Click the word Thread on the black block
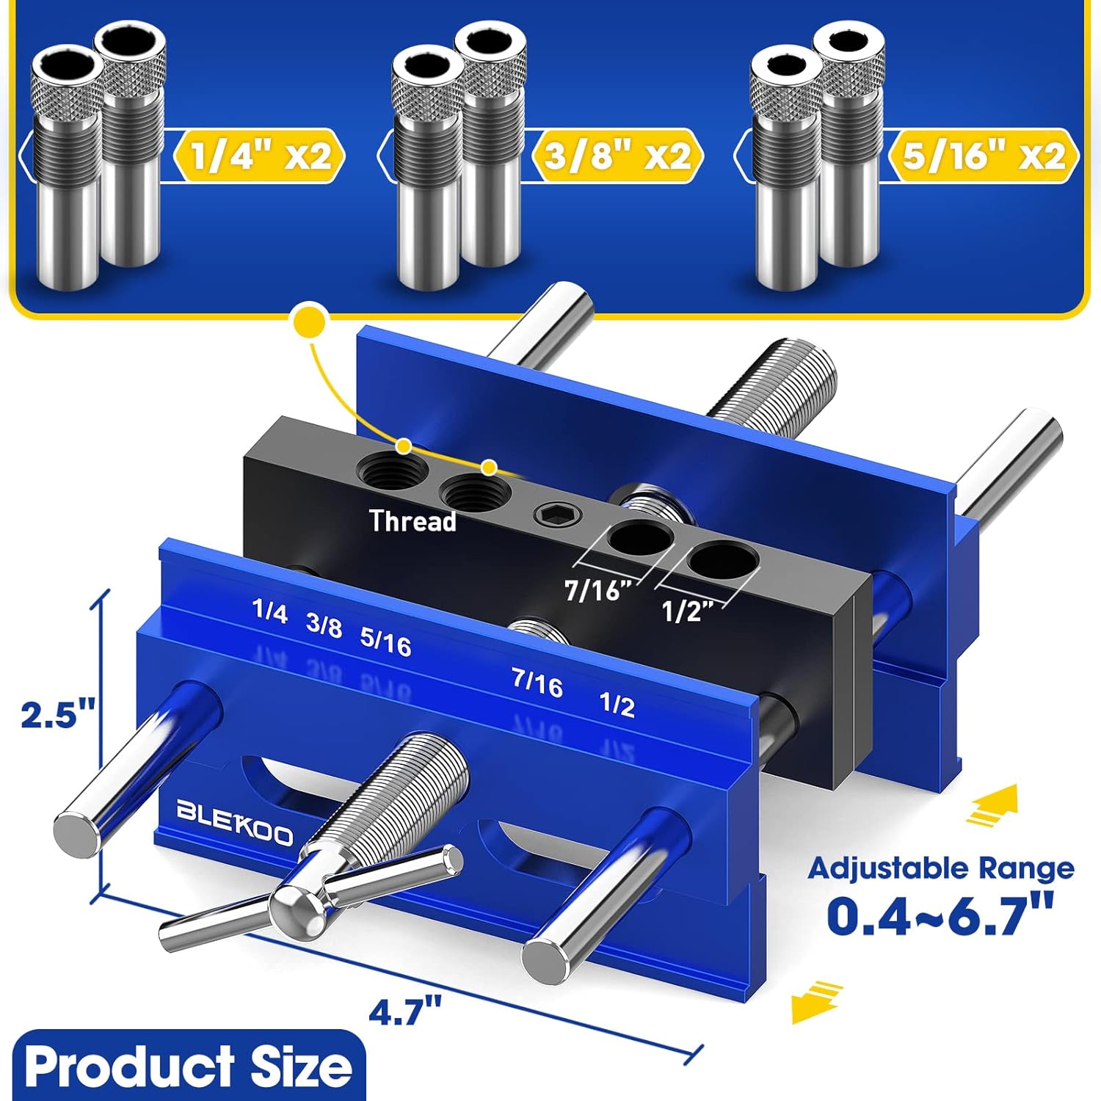point(413,521)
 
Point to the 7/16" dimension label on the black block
point(598,589)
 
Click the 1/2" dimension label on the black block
point(688,611)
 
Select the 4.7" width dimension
point(404,1014)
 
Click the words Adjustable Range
point(941,868)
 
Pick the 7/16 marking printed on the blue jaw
point(538,683)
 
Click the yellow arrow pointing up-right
point(992,804)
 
